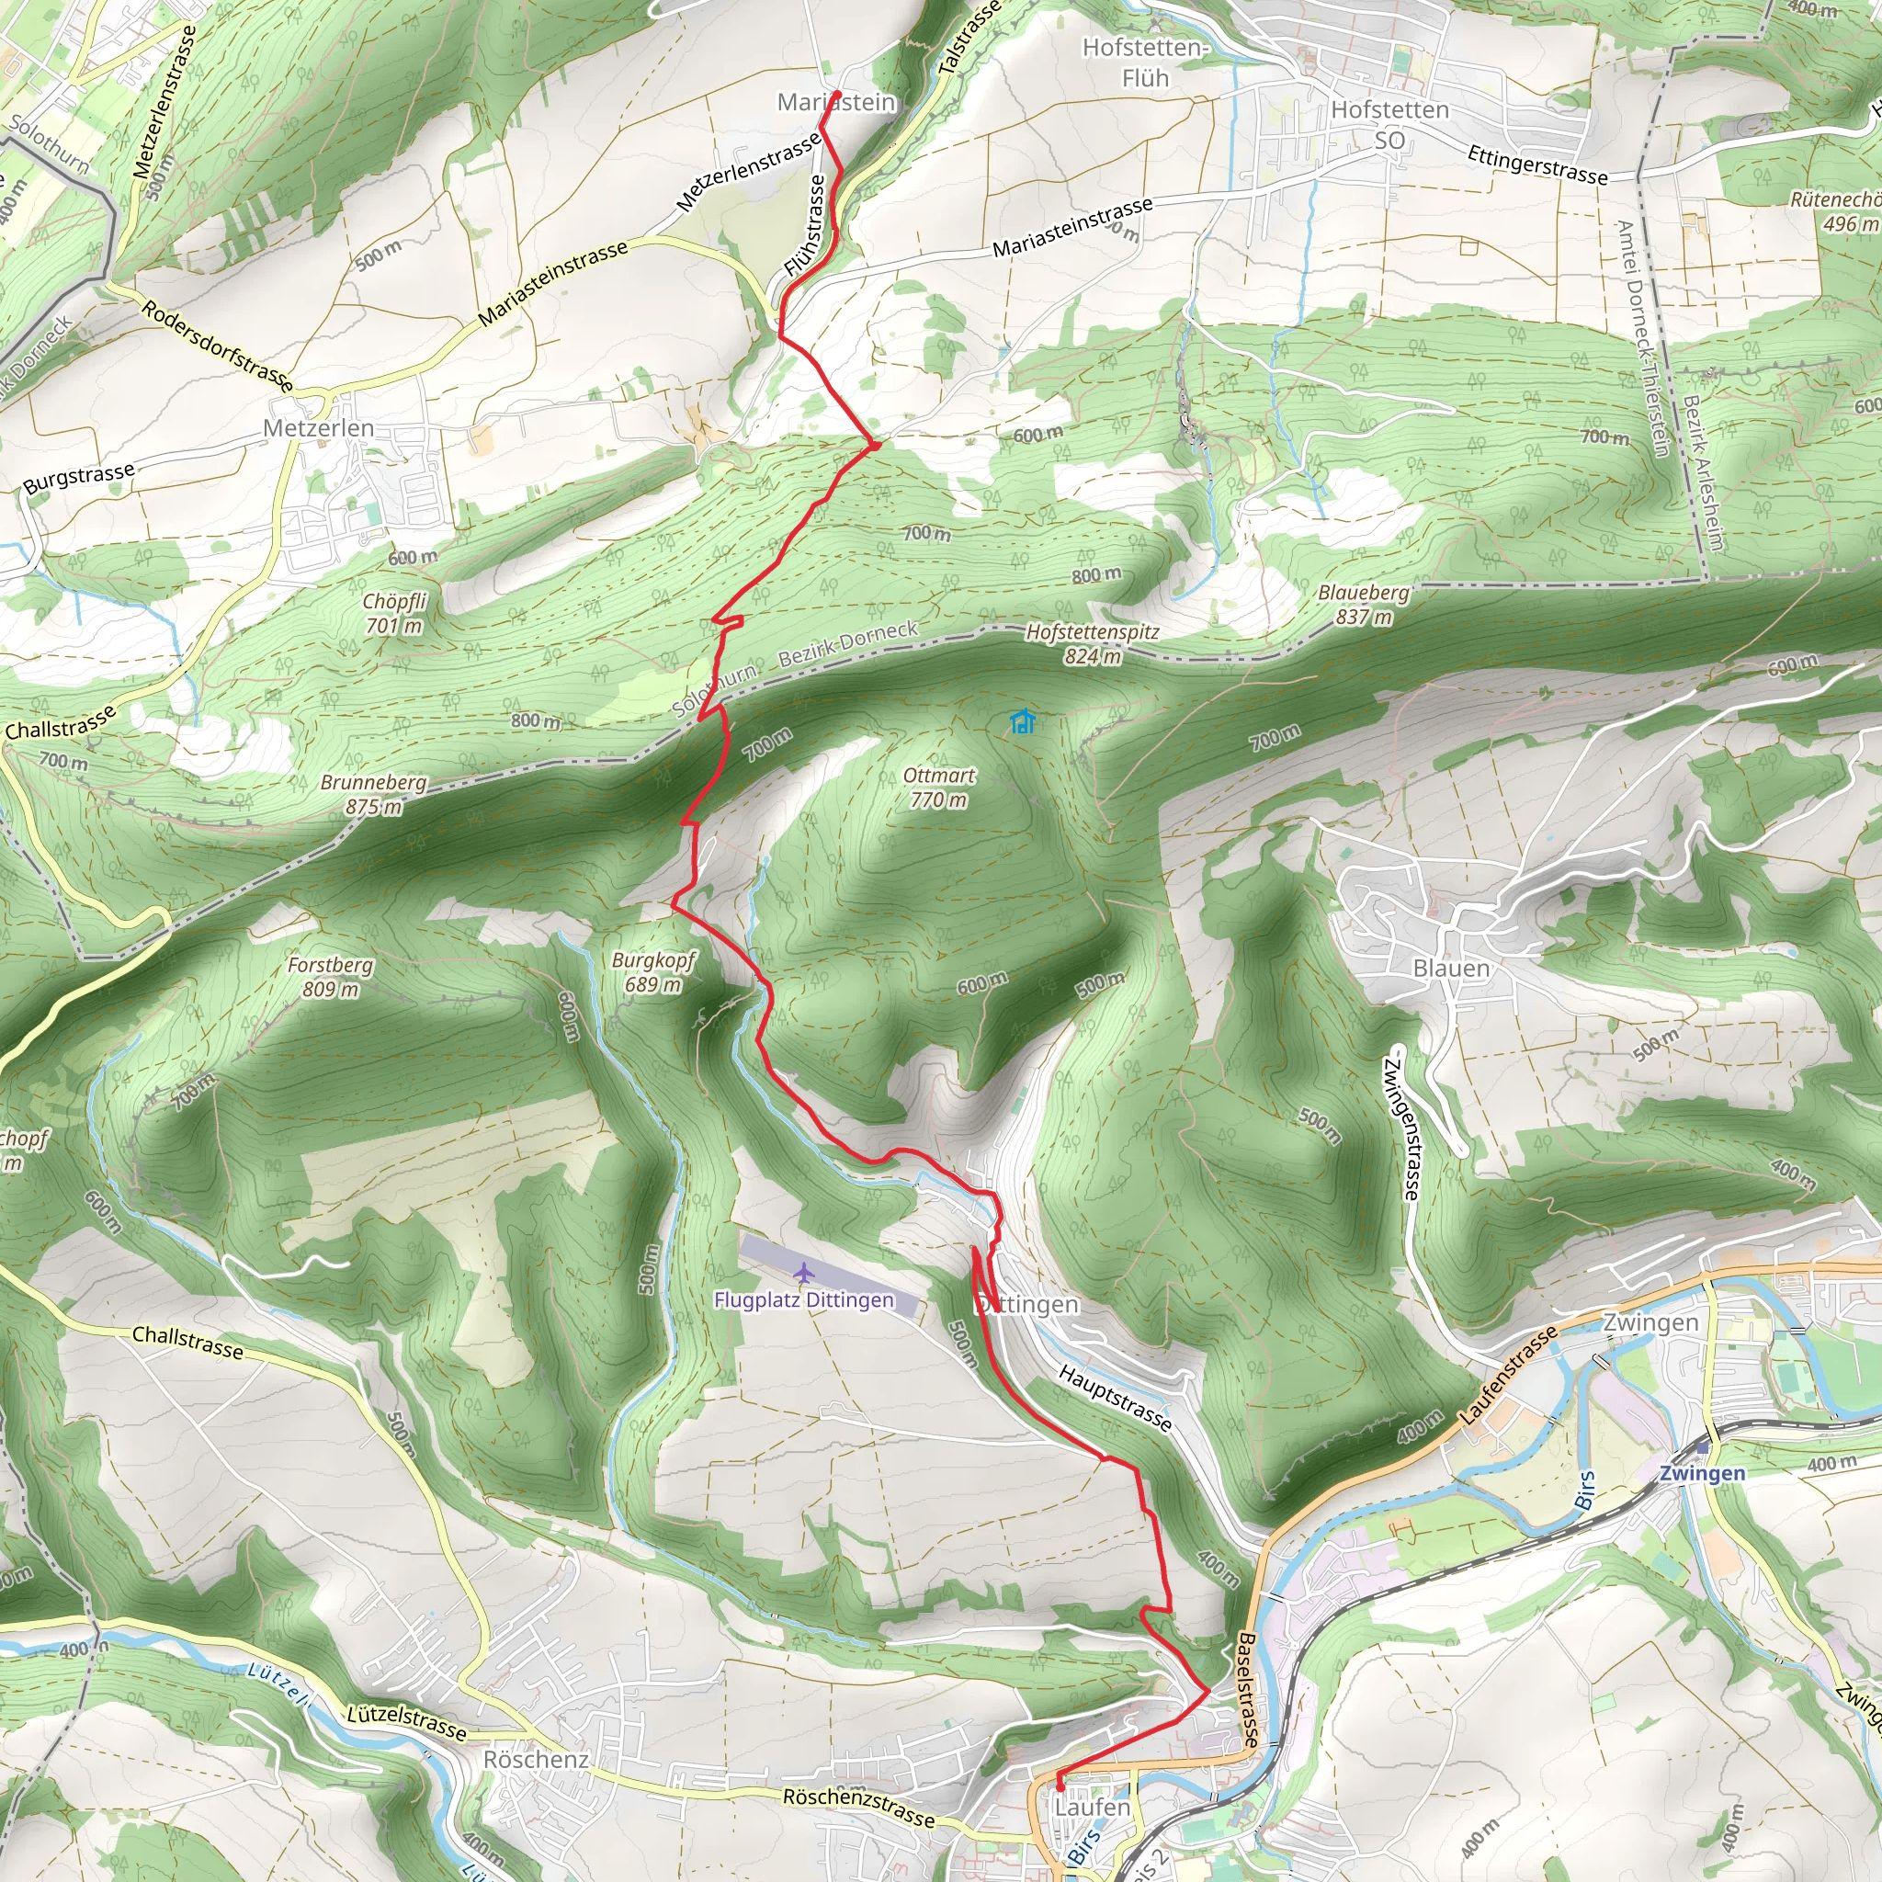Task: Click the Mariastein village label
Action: (836, 102)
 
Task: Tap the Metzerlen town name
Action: (319, 427)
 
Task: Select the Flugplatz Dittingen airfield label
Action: (804, 1299)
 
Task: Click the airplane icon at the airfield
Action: (804, 1272)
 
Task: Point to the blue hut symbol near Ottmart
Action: (1021, 721)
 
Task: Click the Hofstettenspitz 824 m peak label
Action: (1092, 644)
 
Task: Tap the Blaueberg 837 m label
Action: (1363, 604)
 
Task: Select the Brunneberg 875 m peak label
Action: (374, 794)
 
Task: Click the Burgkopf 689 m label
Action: (653, 971)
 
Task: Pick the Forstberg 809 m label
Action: (330, 977)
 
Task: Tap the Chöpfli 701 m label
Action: (393, 613)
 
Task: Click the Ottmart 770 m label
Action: (938, 788)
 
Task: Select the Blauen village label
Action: (1450, 969)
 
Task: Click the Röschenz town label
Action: (536, 1759)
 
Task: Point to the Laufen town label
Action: (1092, 1807)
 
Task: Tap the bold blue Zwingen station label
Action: (1702, 1473)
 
